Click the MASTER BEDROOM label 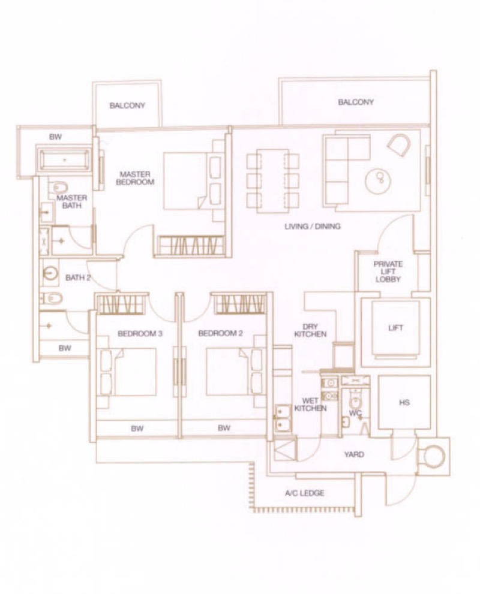pyautogui.click(x=135, y=178)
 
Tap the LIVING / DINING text pyautogui.click(x=313, y=227)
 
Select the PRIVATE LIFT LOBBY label pyautogui.click(x=388, y=272)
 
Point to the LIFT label pyautogui.click(x=395, y=328)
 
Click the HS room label pyautogui.click(x=404, y=402)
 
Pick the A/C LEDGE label pyautogui.click(x=304, y=493)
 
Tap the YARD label pyautogui.click(x=354, y=454)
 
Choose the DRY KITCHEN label pyautogui.click(x=311, y=330)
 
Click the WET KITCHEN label pyautogui.click(x=311, y=404)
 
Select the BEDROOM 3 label pyautogui.click(x=140, y=334)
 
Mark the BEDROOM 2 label pyautogui.click(x=220, y=333)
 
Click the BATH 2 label pyautogui.click(x=78, y=278)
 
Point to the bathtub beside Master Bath pyautogui.click(x=64, y=160)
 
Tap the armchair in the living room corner pyautogui.click(x=399, y=144)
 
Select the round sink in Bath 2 pyautogui.click(x=50, y=272)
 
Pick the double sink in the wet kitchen pyautogui.click(x=283, y=418)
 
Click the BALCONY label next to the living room pyautogui.click(x=356, y=102)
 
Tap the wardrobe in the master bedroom pyautogui.click(x=190, y=246)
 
